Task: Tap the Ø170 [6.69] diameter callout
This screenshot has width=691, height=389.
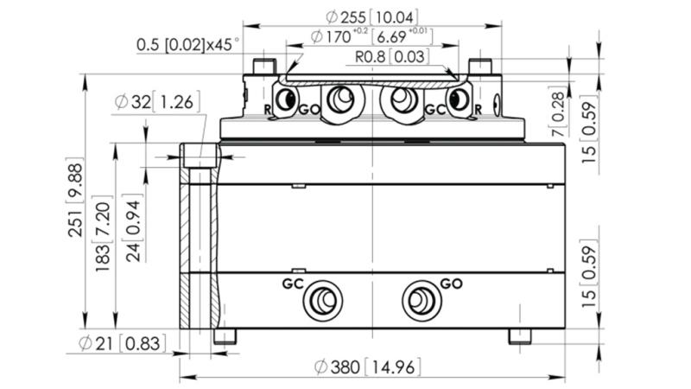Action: [371, 38]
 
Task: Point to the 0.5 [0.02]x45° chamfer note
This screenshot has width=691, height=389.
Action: [187, 43]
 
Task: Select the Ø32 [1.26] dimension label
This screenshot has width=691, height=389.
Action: [156, 102]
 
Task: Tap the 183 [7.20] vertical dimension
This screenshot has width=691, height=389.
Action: [105, 233]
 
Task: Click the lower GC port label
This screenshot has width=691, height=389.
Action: [294, 283]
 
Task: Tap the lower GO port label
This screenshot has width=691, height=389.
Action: [451, 283]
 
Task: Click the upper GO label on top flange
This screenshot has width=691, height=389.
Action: [308, 110]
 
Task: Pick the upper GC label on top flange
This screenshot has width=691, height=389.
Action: [434, 110]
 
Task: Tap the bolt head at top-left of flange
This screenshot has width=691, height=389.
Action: [263, 67]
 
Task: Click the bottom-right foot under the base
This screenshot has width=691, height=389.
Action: [520, 336]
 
